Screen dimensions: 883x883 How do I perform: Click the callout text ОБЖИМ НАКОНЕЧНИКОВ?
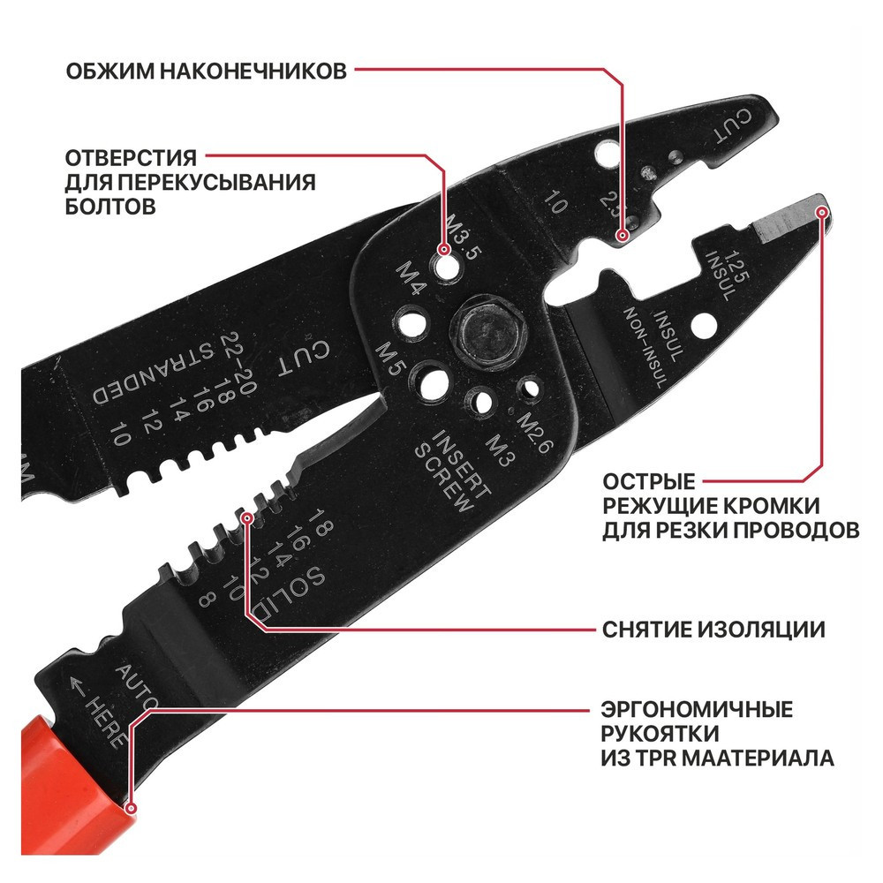[x=207, y=71]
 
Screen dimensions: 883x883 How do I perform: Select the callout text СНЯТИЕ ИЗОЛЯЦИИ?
[x=713, y=630]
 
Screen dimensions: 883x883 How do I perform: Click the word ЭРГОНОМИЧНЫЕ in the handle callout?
[x=697, y=709]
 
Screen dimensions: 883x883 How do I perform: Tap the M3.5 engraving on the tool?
[x=462, y=236]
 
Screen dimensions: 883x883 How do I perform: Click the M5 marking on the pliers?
[x=388, y=360]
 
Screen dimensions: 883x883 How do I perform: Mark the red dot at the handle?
[x=131, y=806]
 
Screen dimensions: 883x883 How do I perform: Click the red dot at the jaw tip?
[x=823, y=212]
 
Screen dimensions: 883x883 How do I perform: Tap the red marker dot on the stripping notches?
[x=248, y=517]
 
